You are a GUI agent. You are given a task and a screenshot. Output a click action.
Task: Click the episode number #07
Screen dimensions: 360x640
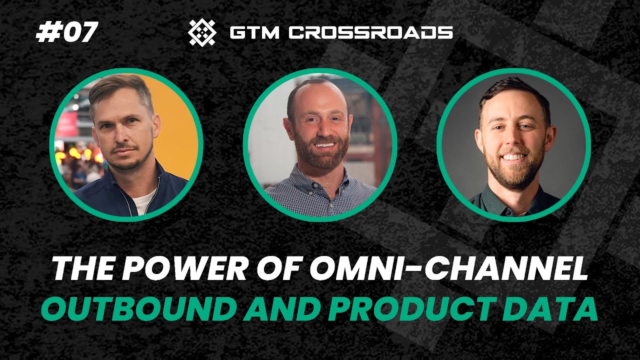pyautogui.click(x=66, y=33)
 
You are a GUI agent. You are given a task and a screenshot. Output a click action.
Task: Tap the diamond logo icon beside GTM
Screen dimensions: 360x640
pyautogui.click(x=201, y=32)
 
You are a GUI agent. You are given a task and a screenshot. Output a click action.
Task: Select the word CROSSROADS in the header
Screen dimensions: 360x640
pyautogui.click(x=370, y=33)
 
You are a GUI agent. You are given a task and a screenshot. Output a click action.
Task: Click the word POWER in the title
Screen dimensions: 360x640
pyautogui.click(x=165, y=270)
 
